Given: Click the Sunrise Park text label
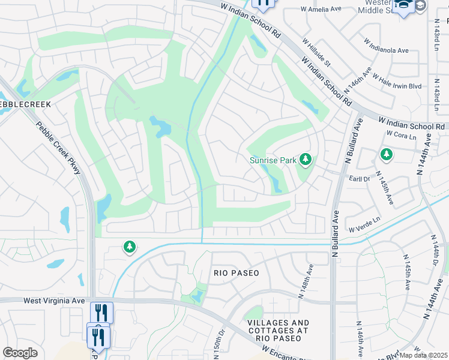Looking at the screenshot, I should pos(274,160).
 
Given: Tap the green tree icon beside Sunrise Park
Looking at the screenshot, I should pos(306,159).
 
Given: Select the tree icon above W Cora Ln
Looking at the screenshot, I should pos(387,155).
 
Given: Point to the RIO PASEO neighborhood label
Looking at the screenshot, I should pos(237,273).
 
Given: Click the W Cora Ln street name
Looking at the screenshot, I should pos(402,137).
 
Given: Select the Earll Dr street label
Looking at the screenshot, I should pos(360,179).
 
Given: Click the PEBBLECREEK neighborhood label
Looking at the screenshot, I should pos(24,104).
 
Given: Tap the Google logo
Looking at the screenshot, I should pos(20,353).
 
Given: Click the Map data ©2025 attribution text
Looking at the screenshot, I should pos(424,355).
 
